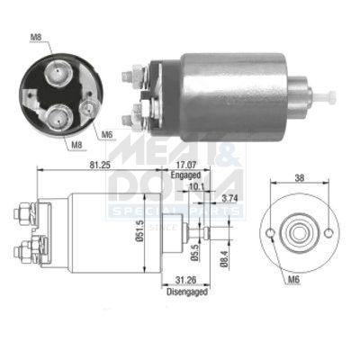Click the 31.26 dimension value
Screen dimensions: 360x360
(185, 280)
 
